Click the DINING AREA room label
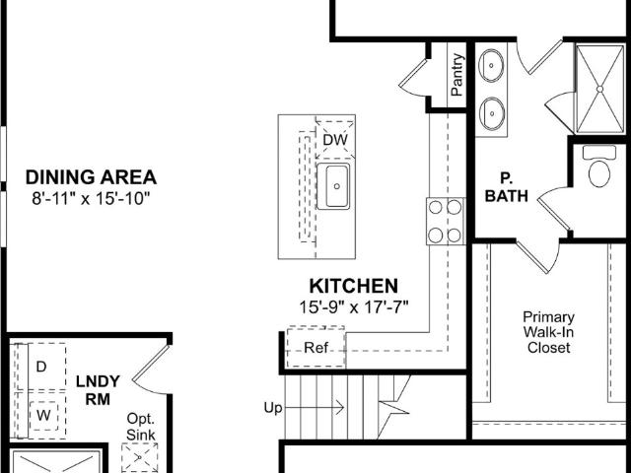point(91,177)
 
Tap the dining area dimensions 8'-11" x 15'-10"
point(91,198)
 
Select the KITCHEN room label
point(353,286)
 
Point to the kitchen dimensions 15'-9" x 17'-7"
point(353,307)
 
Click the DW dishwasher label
point(335,140)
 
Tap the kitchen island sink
point(333,186)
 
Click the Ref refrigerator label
point(315,348)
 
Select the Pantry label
point(457,75)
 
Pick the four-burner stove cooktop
point(446,221)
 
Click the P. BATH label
point(506,187)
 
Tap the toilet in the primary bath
point(599,166)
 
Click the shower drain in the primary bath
point(599,89)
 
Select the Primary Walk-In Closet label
point(548,332)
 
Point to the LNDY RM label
point(98,390)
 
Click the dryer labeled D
point(41,367)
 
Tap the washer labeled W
point(43,416)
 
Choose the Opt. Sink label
point(140,427)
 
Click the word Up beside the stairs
point(273,408)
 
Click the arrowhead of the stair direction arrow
point(340,407)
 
